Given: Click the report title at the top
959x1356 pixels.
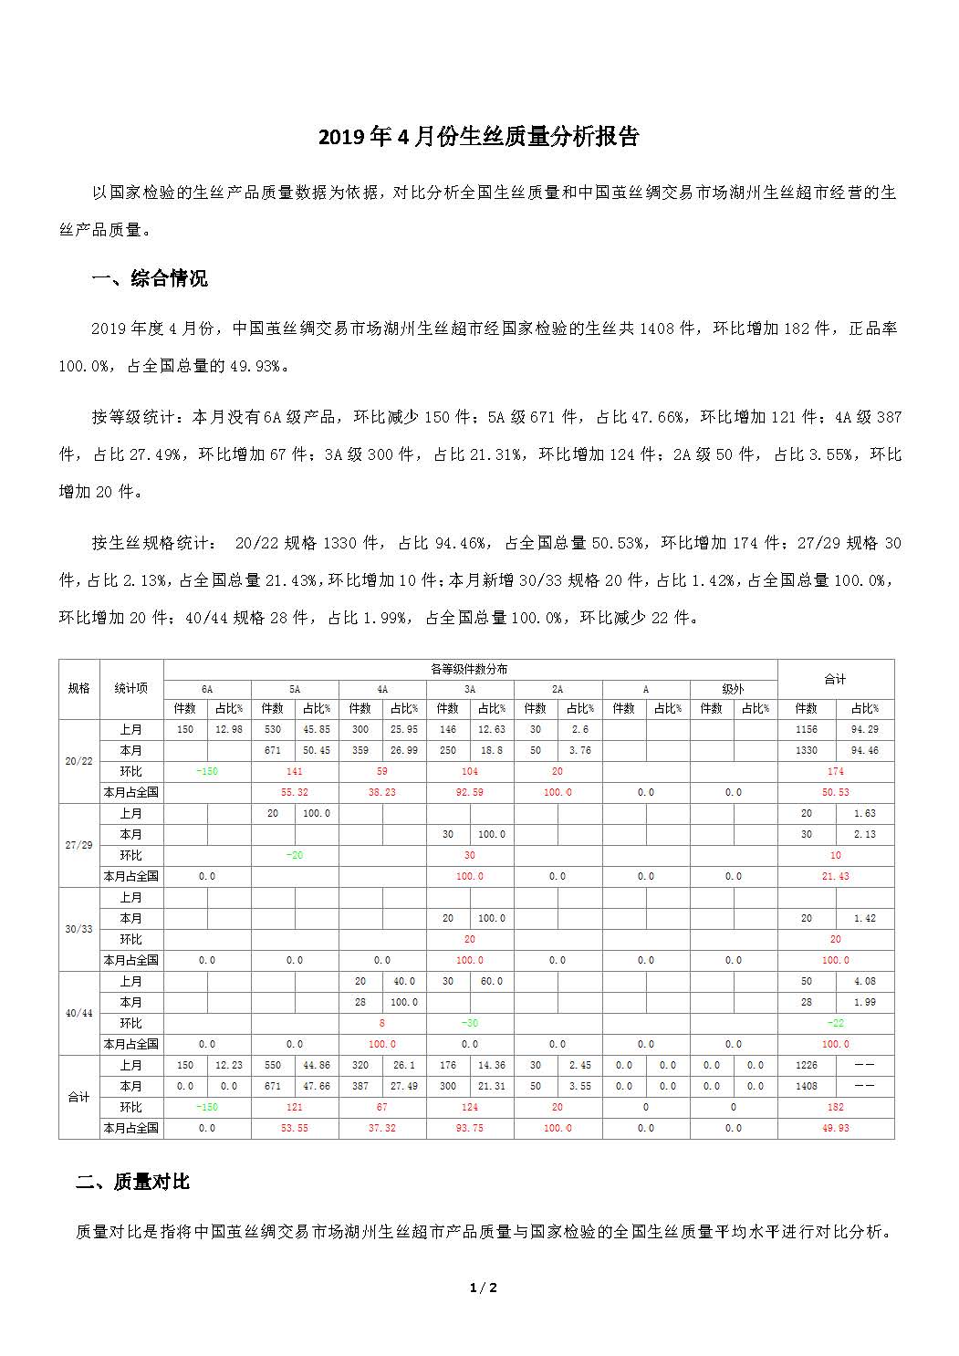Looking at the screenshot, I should click(x=478, y=137).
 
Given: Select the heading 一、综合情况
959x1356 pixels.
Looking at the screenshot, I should click(x=150, y=278).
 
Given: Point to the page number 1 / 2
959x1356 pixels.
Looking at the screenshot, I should click(x=483, y=1288).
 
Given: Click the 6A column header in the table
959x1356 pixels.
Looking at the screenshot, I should click(x=207, y=689).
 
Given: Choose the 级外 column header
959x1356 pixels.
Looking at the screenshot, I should click(x=733, y=689).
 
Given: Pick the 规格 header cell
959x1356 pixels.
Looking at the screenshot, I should click(x=79, y=688).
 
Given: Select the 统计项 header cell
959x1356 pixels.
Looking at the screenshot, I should click(x=131, y=688).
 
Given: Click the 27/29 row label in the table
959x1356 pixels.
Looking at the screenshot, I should click(x=79, y=845).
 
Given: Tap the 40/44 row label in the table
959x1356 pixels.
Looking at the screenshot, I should click(x=79, y=1013).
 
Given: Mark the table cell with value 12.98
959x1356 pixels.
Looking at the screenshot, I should click(x=229, y=729).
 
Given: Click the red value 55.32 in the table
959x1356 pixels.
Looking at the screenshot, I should click(x=294, y=792).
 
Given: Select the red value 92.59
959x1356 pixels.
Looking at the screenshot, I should click(x=469, y=792).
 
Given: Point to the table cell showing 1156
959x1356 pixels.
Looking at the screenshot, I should click(x=806, y=729).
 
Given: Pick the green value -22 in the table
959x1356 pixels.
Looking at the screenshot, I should click(x=835, y=1023).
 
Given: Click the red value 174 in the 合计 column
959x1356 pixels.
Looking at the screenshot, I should click(x=835, y=771).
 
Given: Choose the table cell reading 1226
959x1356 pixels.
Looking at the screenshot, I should click(x=806, y=1065).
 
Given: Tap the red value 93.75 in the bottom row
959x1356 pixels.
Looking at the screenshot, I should click(x=469, y=1128).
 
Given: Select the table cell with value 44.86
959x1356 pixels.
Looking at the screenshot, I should click(x=317, y=1065).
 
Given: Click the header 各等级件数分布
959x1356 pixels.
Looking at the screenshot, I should click(x=469, y=669).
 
